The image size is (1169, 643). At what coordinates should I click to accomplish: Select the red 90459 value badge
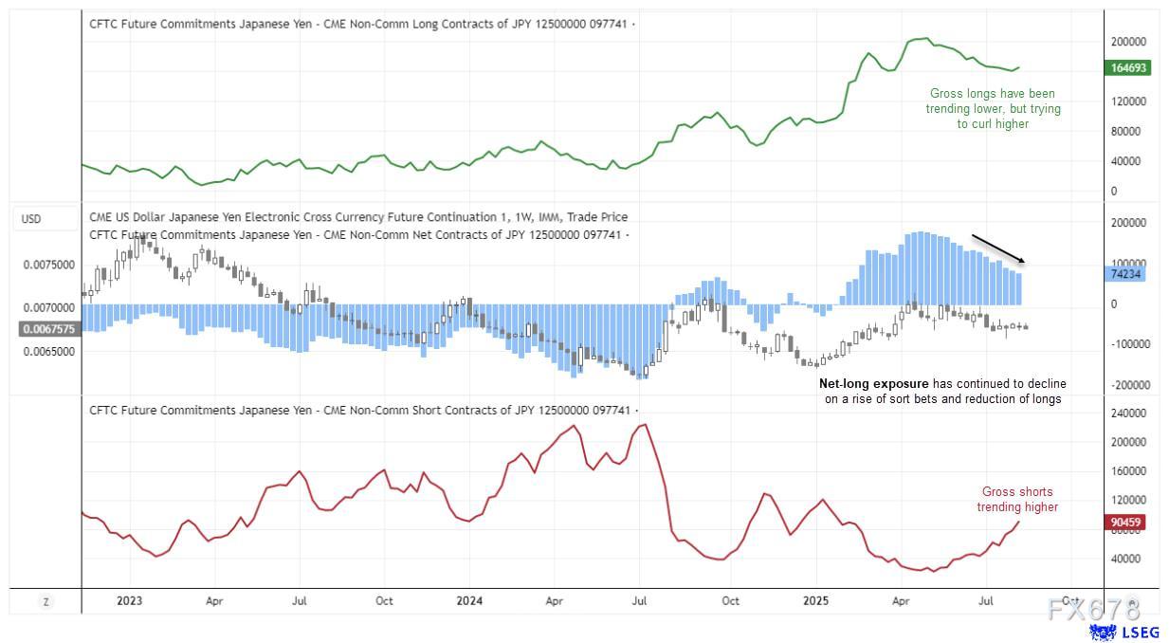click(x=1127, y=523)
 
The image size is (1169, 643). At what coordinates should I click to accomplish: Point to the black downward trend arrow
click(x=997, y=248)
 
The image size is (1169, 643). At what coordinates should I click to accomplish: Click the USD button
click(x=31, y=219)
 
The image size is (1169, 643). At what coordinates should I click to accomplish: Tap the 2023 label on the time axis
click(x=129, y=601)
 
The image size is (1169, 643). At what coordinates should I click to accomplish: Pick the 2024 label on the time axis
click(x=469, y=601)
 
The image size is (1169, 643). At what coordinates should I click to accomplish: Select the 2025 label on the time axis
click(x=815, y=601)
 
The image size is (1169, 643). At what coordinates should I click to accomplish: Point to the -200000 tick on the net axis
click(x=1129, y=385)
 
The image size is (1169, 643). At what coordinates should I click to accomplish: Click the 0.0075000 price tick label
click(x=49, y=266)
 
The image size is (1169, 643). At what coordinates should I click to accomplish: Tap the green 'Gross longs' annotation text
click(x=993, y=109)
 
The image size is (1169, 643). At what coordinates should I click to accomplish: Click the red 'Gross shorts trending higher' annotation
click(x=1017, y=500)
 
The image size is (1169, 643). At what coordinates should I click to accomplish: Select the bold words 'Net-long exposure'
click(x=873, y=384)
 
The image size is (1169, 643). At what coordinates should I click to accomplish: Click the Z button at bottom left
click(x=44, y=601)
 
